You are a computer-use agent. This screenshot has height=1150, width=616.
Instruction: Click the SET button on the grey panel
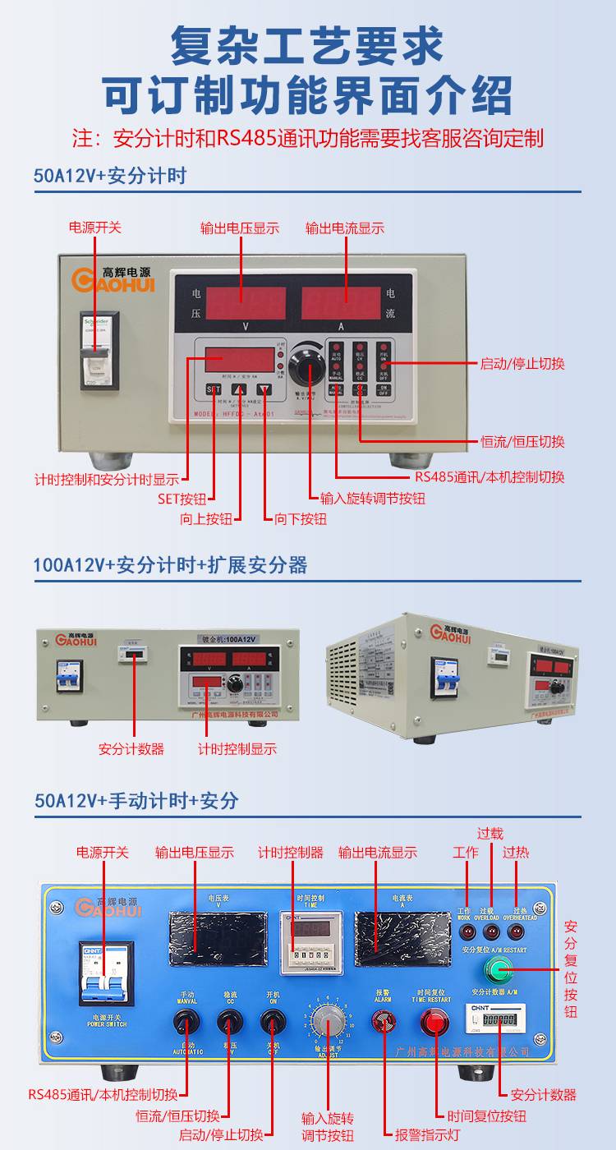click(x=214, y=389)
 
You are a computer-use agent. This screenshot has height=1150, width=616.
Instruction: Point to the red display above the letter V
click(x=246, y=302)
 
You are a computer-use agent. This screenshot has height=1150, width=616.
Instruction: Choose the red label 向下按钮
click(x=301, y=519)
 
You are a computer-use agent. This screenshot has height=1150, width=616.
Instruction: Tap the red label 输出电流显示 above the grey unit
click(x=345, y=228)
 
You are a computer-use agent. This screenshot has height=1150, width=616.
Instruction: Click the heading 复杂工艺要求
click(x=307, y=46)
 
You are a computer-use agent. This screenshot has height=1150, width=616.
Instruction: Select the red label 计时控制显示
click(x=237, y=748)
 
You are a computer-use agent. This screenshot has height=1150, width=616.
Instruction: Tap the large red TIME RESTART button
click(x=435, y=1023)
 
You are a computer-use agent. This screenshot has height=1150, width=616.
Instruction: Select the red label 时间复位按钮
click(x=487, y=1115)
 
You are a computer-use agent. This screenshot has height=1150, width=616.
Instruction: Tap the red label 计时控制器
click(x=291, y=853)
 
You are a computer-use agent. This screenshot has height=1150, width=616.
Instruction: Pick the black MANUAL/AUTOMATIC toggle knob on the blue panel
click(x=186, y=1022)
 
